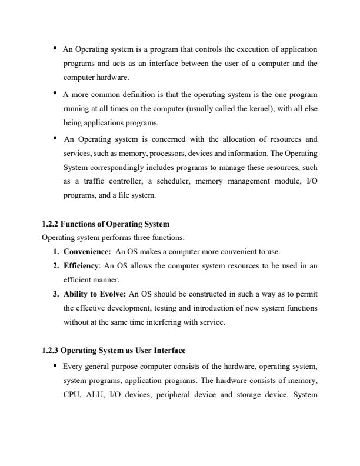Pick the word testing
pos(163,308)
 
